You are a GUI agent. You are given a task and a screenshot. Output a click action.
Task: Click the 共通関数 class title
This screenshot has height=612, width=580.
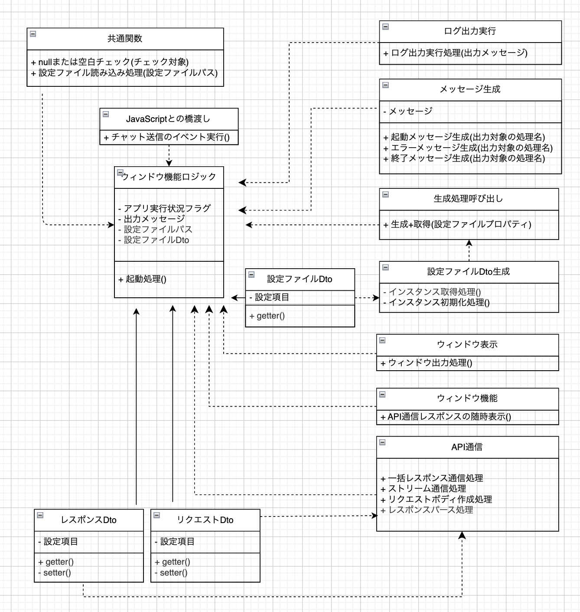click(x=125, y=39)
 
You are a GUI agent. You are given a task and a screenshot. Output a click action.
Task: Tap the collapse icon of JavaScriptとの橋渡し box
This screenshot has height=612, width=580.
click(x=106, y=114)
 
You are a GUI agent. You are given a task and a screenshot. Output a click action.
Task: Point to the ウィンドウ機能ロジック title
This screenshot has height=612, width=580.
click(x=169, y=177)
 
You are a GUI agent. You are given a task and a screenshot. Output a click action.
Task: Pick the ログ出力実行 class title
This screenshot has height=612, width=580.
click(x=470, y=31)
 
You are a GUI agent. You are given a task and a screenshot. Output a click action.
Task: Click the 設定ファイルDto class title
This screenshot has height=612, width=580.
click(x=300, y=279)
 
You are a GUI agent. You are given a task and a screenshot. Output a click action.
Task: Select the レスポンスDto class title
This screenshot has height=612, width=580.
click(x=88, y=520)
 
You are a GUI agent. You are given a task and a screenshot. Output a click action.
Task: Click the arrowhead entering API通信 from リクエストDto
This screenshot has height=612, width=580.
click(x=375, y=516)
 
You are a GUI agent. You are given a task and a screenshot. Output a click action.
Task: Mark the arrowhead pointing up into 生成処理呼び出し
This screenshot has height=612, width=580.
click(x=469, y=243)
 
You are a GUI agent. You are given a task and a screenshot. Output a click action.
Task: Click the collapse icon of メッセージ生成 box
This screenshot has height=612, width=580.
click(x=385, y=85)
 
